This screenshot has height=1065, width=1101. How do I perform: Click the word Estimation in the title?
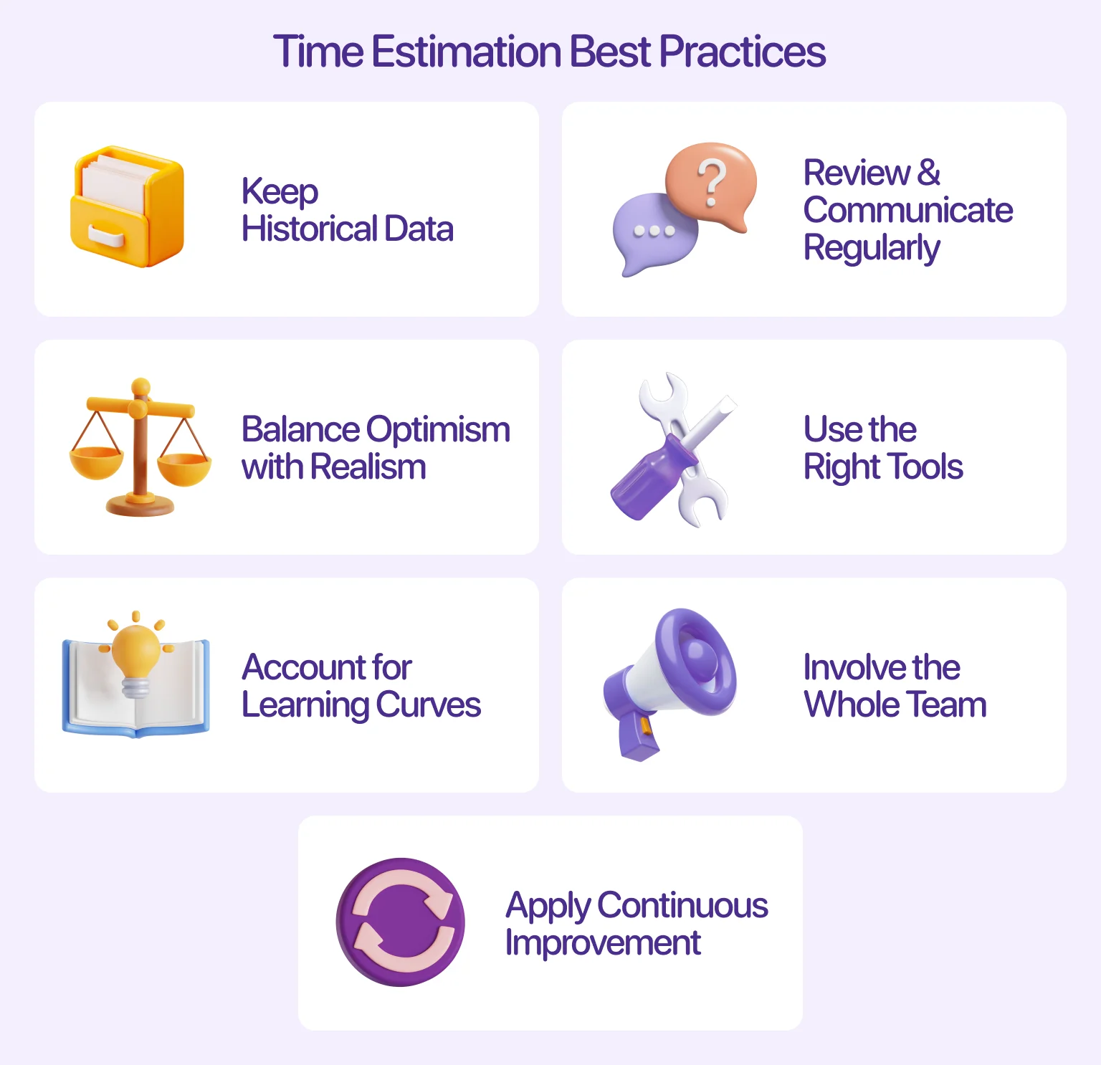(x=466, y=52)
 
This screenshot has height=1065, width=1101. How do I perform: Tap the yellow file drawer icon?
(x=128, y=207)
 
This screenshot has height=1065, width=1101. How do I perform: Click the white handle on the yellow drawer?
(x=106, y=235)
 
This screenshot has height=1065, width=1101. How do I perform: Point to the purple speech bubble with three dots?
(x=654, y=233)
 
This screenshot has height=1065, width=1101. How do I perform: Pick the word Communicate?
(x=907, y=210)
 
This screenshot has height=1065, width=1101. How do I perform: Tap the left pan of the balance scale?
(x=96, y=462)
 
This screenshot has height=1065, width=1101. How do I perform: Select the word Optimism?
(x=438, y=430)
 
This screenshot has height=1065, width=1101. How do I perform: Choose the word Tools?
(x=926, y=467)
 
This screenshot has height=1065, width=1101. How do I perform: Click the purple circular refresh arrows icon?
(x=401, y=922)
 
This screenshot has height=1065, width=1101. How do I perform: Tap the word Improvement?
(x=603, y=943)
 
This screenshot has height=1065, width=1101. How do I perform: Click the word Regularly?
(x=871, y=249)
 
